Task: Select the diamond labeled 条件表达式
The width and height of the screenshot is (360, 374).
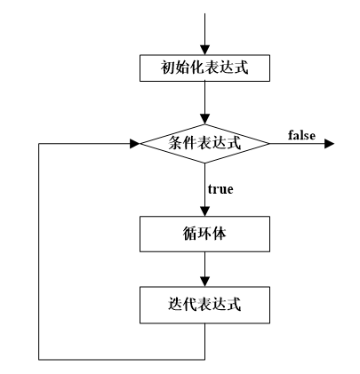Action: pyautogui.click(x=204, y=142)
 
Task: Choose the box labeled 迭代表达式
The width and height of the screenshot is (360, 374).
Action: pyautogui.click(x=204, y=304)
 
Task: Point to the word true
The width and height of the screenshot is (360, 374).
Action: pyautogui.click(x=220, y=189)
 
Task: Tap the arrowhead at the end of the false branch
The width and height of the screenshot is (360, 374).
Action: pyautogui.click(x=329, y=142)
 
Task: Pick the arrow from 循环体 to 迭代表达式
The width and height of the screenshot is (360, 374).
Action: pyautogui.click(x=204, y=268)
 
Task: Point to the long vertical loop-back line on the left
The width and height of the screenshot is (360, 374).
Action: pyautogui.click(x=39, y=249)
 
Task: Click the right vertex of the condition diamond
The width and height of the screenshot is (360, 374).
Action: pyautogui.click(x=269, y=142)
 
